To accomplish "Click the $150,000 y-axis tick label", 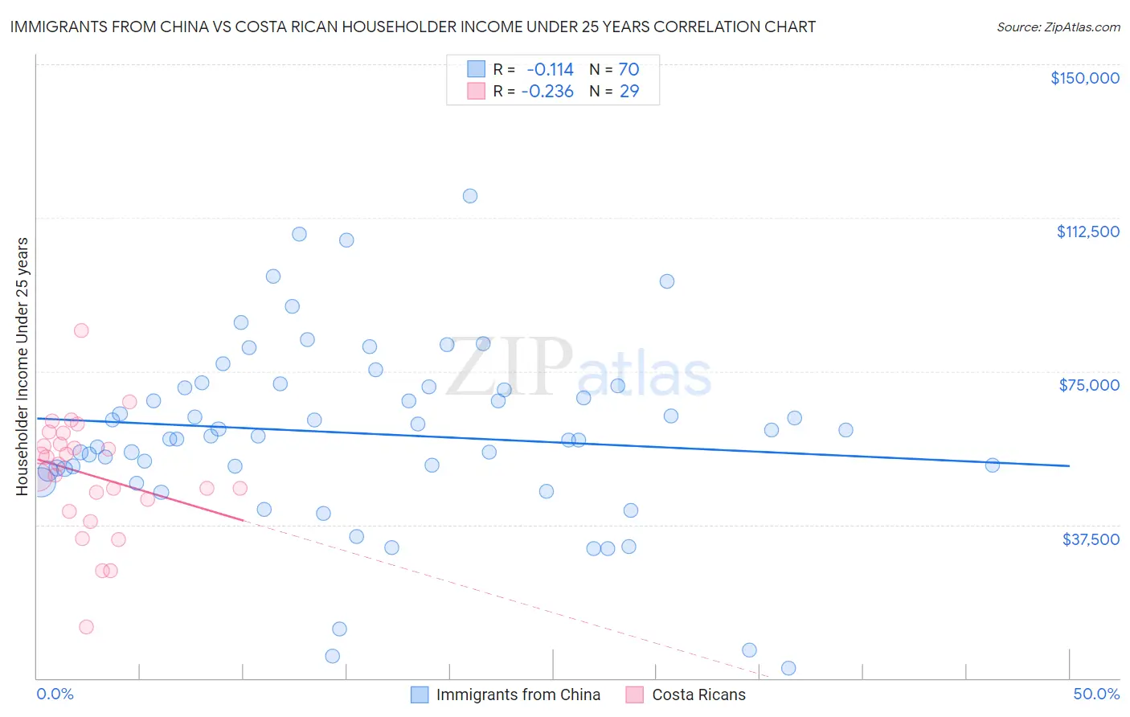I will click(x=1084, y=78).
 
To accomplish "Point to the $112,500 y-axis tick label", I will click(x=1087, y=231).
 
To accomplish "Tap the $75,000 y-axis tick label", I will click(x=1089, y=385).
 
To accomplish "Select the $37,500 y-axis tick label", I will click(x=1091, y=539).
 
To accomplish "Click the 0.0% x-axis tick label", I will click(x=55, y=694).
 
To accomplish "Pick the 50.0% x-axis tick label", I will click(x=1096, y=694).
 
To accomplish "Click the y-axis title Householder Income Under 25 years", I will click(x=23, y=366).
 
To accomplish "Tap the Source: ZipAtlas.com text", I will click(x=1058, y=27).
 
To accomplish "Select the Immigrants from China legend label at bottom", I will click(x=518, y=694).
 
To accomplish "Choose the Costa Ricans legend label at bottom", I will click(x=698, y=694).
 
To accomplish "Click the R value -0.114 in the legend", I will click(x=550, y=69).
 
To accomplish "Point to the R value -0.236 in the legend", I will click(x=547, y=91).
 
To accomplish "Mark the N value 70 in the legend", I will click(x=628, y=69).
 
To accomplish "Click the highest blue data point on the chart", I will click(x=470, y=196).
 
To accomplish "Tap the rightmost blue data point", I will click(x=992, y=465).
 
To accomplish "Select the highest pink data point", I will click(x=81, y=330).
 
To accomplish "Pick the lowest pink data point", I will click(x=86, y=627).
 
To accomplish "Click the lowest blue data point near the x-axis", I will click(x=788, y=669).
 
